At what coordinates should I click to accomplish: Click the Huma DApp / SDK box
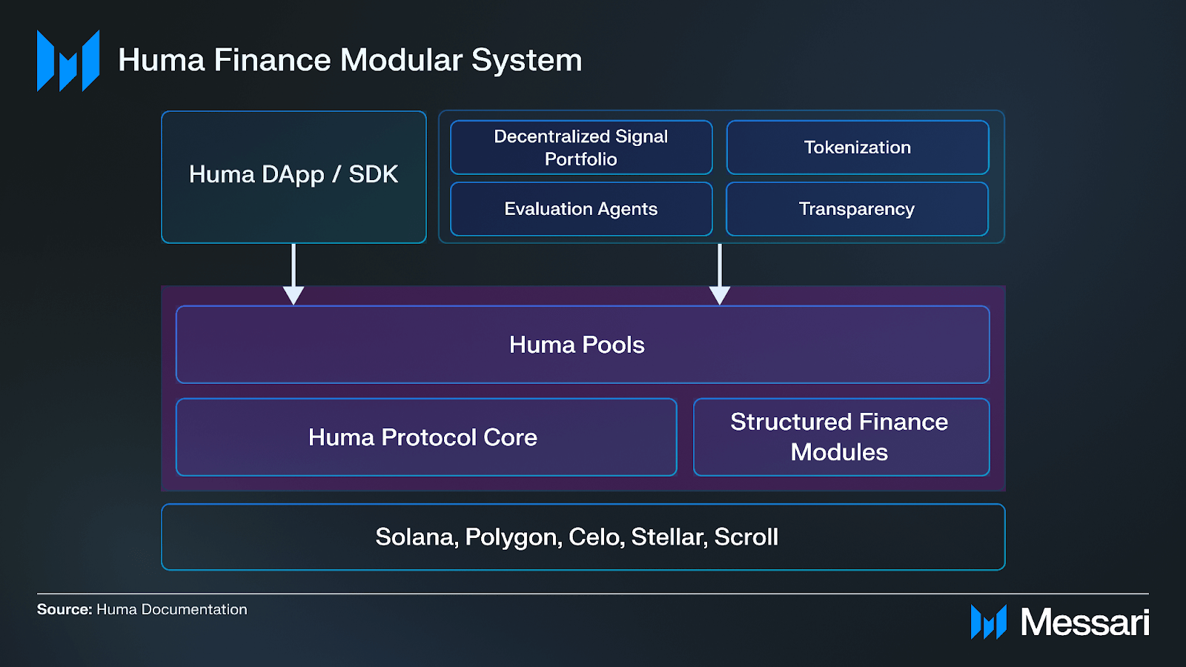click(294, 176)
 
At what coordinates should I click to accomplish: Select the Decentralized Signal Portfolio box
click(581, 147)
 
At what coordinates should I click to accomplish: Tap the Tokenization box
click(858, 147)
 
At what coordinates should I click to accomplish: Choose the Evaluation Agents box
click(581, 209)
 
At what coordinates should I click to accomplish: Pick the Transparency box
click(857, 209)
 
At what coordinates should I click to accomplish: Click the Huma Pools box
click(583, 345)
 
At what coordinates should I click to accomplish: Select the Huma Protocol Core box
click(426, 437)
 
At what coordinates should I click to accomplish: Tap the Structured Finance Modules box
click(841, 437)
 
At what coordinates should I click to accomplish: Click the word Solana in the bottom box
click(416, 537)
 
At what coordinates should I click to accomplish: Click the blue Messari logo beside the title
click(68, 61)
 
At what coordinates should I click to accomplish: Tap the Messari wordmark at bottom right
click(1084, 622)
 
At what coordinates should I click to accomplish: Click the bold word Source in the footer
click(63, 609)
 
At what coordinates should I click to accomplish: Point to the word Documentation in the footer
click(194, 609)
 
